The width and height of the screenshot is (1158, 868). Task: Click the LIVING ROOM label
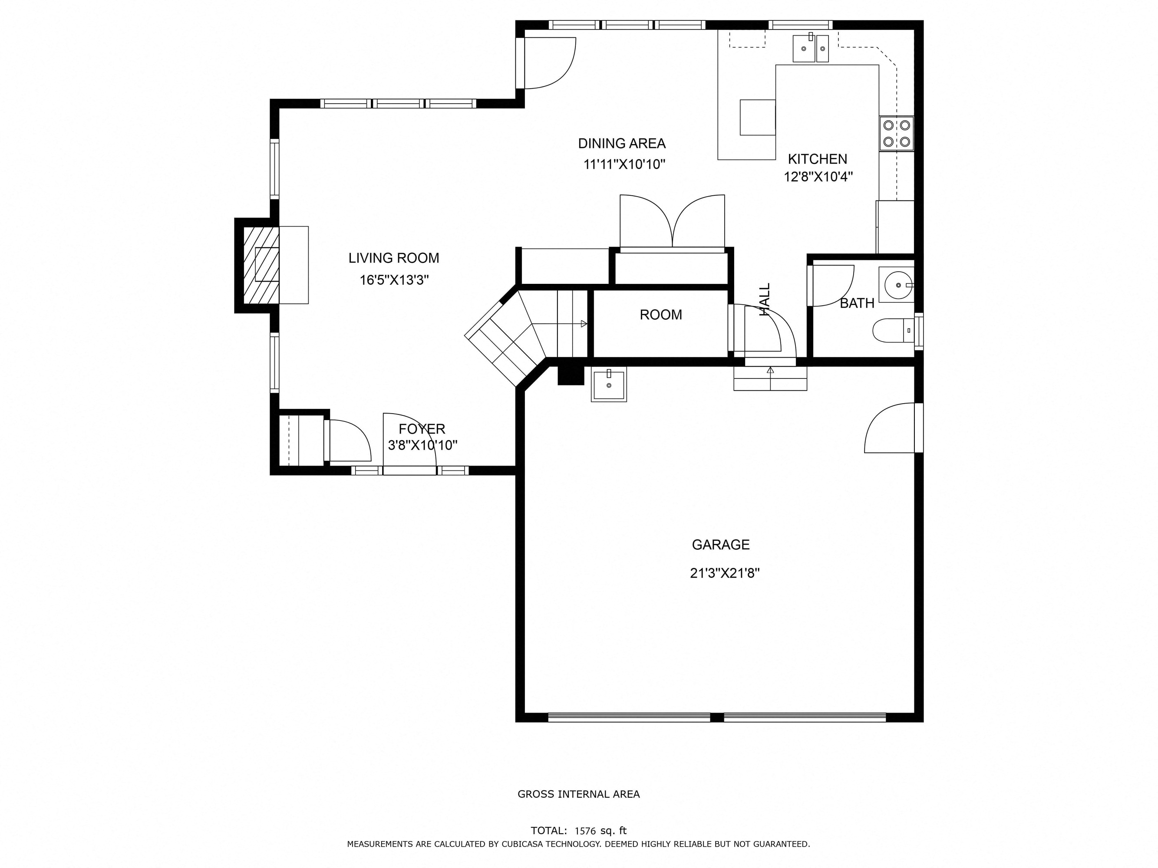[394, 258]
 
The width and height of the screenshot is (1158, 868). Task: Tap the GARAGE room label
[721, 545]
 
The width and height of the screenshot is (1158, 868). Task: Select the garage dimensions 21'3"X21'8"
[725, 573]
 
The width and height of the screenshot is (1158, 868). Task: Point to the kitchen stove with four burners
[896, 133]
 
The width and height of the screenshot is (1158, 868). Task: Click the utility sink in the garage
[609, 385]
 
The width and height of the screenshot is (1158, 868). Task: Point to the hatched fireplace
[261, 265]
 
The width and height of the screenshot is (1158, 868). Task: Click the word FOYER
[422, 429]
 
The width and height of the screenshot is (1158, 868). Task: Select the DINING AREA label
[622, 143]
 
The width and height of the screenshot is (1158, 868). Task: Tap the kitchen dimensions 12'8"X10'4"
[818, 177]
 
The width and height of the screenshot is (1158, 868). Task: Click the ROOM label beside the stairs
[661, 315]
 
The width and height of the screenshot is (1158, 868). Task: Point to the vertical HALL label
[765, 299]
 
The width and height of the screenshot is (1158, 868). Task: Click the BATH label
[857, 303]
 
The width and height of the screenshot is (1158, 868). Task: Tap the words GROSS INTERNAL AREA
[578, 794]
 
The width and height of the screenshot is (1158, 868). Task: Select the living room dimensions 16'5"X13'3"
[394, 280]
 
